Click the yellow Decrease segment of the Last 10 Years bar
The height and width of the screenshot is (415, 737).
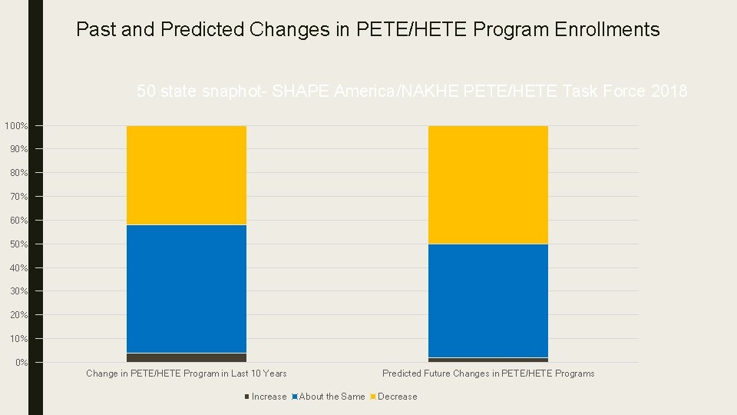(187, 175)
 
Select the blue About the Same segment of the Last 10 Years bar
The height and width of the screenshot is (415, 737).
(187, 289)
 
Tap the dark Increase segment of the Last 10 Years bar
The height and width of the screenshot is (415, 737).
(187, 357)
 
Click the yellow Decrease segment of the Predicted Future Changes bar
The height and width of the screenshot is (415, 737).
(488, 184)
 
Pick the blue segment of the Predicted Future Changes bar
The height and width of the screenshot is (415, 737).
(488, 300)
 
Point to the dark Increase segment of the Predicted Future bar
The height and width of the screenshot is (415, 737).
(488, 360)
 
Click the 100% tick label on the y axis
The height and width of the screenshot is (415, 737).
(16, 126)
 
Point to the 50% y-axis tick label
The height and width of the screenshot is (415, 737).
(18, 244)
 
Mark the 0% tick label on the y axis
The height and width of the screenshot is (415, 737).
(21, 363)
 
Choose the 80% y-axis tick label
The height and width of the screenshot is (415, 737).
(18, 174)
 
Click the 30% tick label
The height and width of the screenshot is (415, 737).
(18, 292)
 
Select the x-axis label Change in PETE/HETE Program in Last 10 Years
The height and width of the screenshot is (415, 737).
(187, 373)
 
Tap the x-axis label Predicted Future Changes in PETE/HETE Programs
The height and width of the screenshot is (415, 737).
(488, 373)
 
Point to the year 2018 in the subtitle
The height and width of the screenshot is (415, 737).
(669, 91)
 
